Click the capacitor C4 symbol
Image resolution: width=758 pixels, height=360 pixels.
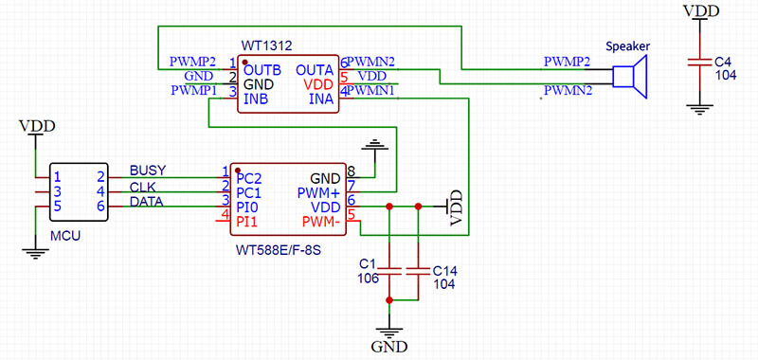699,62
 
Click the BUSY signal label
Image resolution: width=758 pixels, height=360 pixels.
148,171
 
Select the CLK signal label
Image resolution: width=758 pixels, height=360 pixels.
143,188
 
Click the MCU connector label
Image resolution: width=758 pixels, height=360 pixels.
64,233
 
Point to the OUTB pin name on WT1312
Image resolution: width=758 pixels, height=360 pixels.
262,69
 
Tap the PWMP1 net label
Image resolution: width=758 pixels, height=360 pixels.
194,91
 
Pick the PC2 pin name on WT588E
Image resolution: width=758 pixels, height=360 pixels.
249,176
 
